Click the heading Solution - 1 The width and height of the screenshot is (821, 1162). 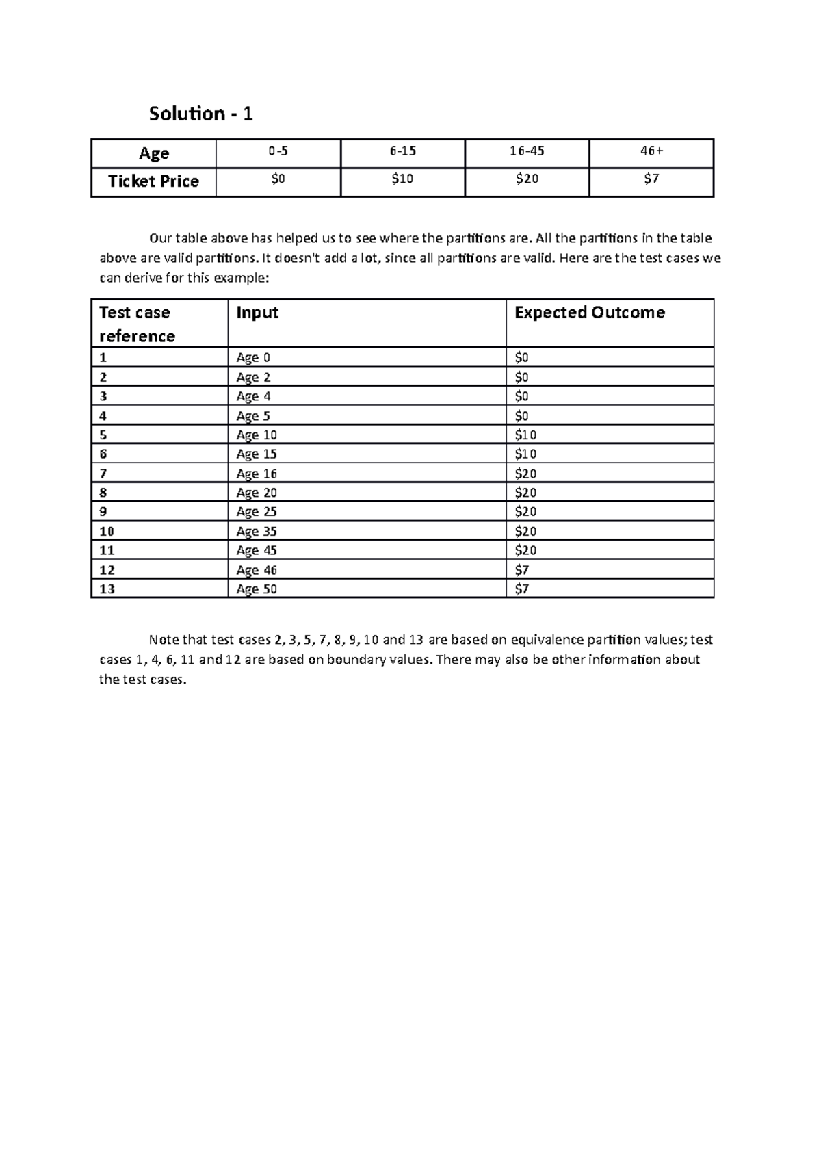point(200,114)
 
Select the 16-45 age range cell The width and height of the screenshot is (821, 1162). point(527,152)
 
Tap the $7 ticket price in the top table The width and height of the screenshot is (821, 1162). point(651,179)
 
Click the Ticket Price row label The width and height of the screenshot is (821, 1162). point(153,181)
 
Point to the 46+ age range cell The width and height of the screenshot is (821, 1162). point(651,152)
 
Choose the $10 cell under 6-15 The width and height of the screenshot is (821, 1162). point(402,179)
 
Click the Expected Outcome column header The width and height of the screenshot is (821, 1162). point(589,313)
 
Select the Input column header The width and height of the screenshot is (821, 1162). point(257,313)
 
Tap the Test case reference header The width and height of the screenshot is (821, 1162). point(137,324)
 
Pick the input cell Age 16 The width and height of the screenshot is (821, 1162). point(257,474)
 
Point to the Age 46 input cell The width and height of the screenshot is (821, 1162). point(257,570)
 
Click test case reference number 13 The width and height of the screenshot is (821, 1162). point(107,589)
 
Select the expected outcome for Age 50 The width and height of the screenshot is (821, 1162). point(521,589)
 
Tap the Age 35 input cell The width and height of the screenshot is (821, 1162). point(257,531)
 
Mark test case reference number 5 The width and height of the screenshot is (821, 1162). point(103,435)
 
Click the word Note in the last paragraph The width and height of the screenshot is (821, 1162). point(164,641)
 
